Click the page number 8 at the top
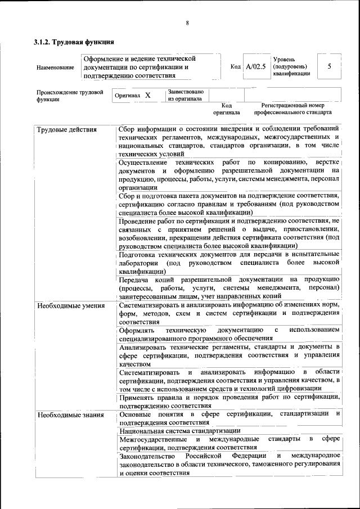click(x=187, y=23)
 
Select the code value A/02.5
click(x=256, y=66)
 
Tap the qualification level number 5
click(x=329, y=66)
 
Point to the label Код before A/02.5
click(x=236, y=66)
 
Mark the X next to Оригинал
click(x=148, y=96)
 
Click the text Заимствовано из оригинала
click(x=185, y=95)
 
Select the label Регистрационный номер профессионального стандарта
click(x=292, y=109)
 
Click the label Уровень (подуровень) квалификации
click(x=291, y=66)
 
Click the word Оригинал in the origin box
click(x=127, y=96)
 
